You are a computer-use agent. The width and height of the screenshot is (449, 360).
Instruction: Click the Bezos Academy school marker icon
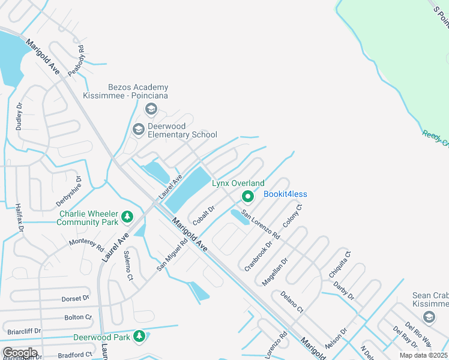[x=151, y=109]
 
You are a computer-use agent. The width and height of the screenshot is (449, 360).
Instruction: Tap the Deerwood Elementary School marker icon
[x=139, y=129]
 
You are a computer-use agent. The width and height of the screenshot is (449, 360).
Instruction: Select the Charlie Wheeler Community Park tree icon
[x=127, y=216]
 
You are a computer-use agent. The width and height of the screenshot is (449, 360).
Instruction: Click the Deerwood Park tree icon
[x=139, y=337]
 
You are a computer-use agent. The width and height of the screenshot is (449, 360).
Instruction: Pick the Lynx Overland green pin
[x=247, y=196]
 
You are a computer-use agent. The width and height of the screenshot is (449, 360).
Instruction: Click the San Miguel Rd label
[x=169, y=254]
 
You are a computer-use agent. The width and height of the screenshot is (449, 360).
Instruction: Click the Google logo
[x=20, y=353]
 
